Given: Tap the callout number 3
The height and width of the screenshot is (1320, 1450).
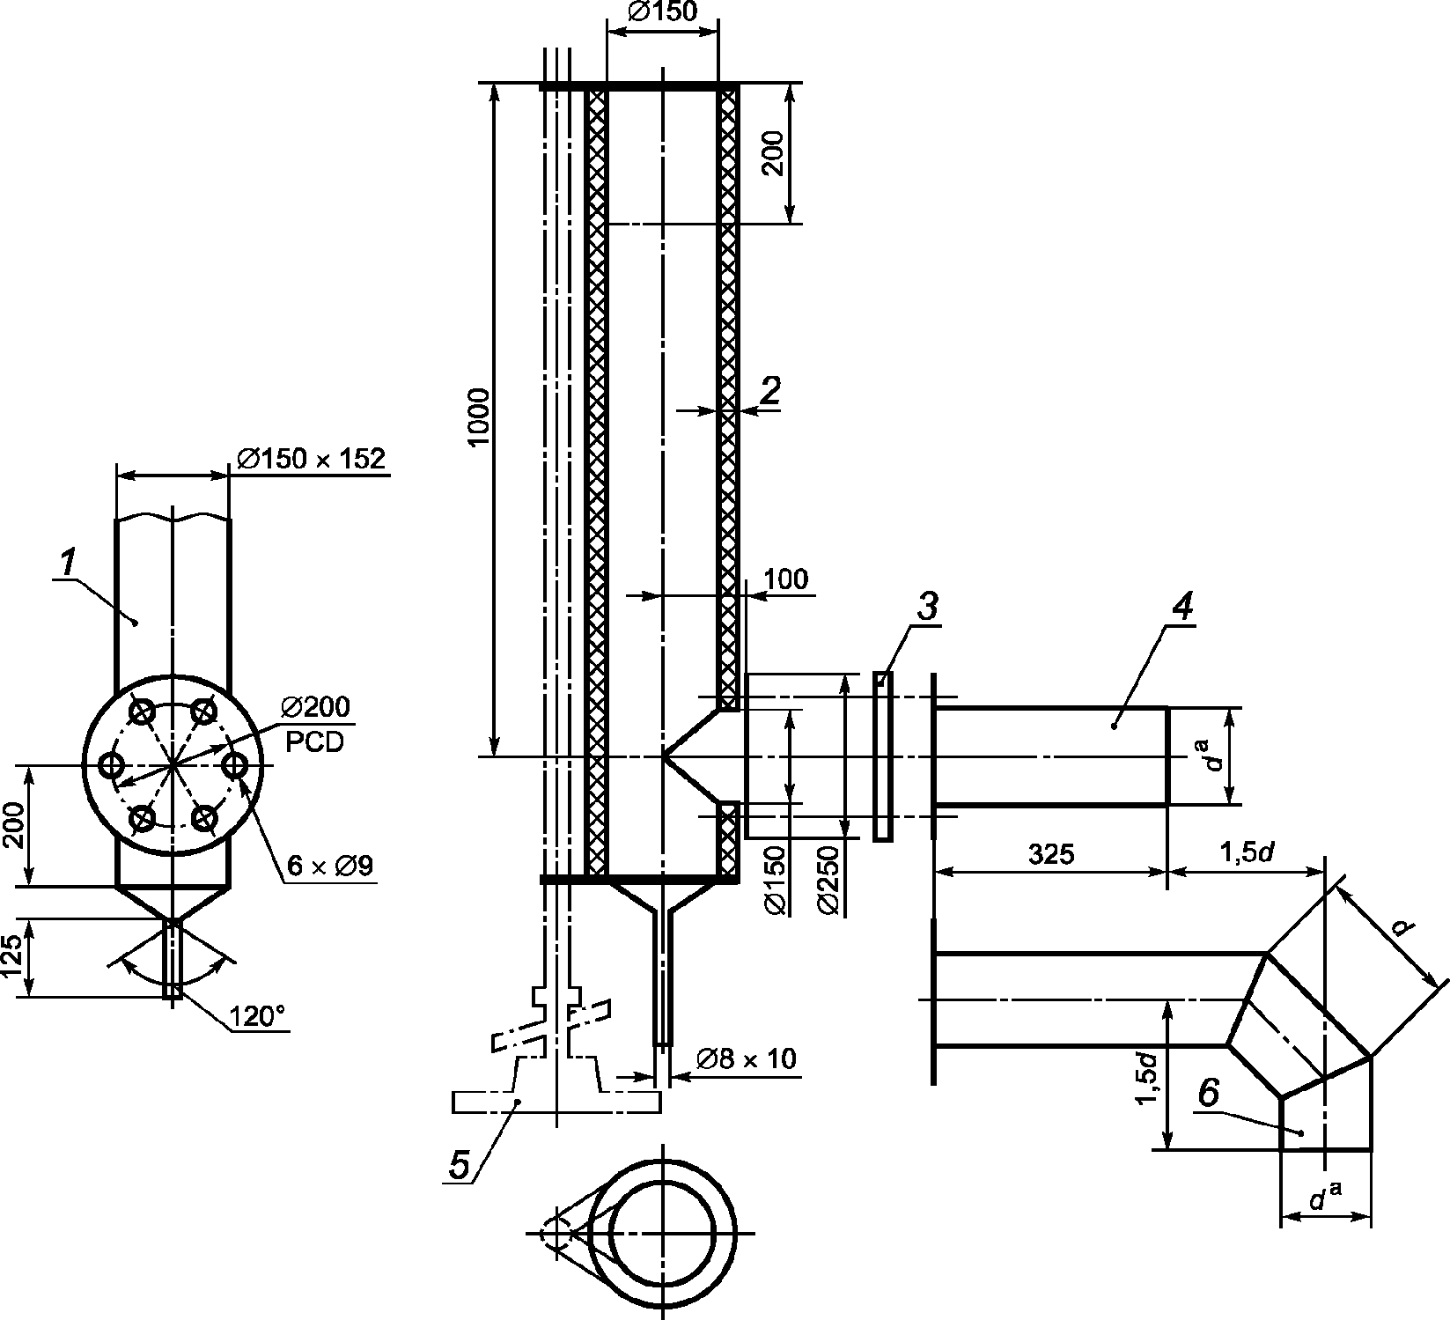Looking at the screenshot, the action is (927, 606).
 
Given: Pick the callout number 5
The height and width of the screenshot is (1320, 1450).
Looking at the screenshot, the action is (459, 1164).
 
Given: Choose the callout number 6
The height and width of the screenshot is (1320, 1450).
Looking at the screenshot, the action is (1208, 1094).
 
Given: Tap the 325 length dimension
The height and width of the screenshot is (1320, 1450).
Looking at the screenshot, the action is (1051, 853).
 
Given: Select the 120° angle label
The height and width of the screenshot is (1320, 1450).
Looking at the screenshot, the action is (258, 1017).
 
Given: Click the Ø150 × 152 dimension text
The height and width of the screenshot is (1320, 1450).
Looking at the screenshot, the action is (312, 459).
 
